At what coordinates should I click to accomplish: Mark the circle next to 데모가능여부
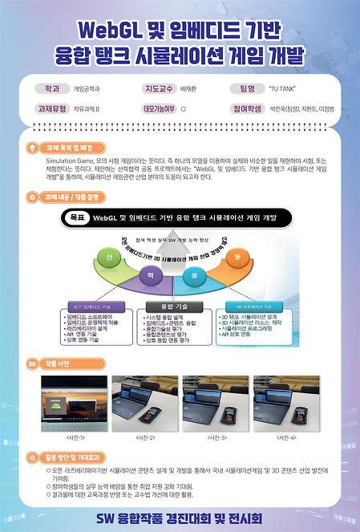[x=184, y=107]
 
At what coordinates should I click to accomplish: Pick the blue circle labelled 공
[x=194, y=275]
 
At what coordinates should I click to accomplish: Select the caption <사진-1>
[x=75, y=437]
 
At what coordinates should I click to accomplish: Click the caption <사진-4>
[x=286, y=437]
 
